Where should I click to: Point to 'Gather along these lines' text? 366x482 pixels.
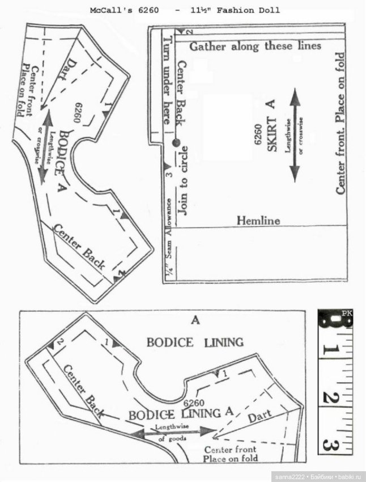[255, 46]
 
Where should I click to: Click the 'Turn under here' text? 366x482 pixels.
[166, 79]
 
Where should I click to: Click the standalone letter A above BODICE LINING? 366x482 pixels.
[196, 320]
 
